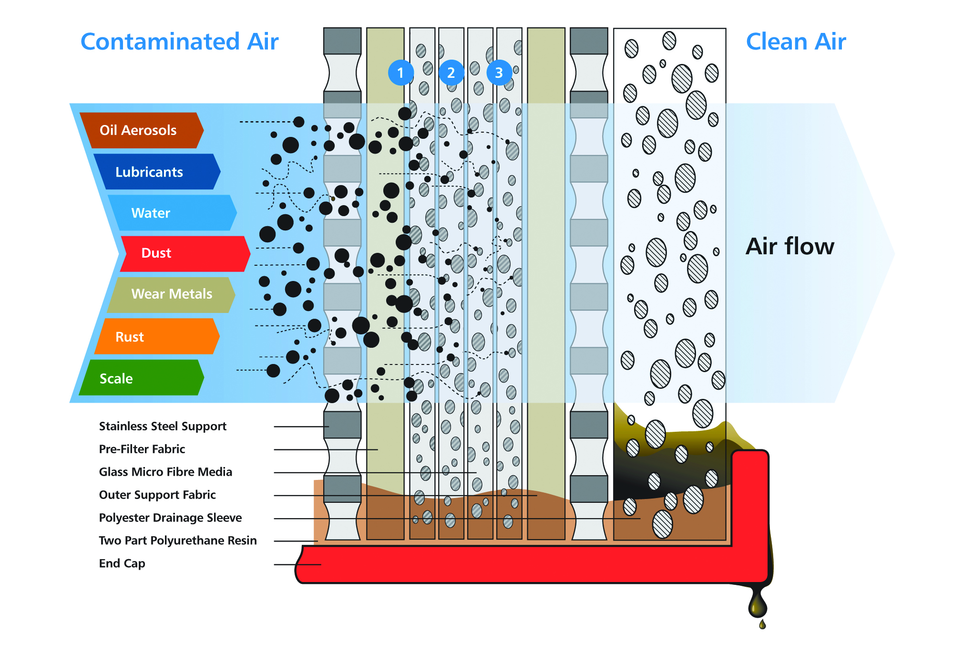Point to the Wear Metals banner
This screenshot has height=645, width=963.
click(171, 294)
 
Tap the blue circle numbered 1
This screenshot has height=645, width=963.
click(400, 73)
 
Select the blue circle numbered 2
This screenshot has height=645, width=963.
click(451, 73)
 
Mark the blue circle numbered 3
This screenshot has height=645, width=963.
click(499, 73)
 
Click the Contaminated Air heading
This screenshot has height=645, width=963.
click(179, 42)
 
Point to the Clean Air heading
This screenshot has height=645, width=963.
click(796, 42)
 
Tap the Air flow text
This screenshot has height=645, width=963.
click(789, 247)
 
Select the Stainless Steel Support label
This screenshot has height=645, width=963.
click(163, 426)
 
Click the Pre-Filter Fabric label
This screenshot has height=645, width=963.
click(142, 449)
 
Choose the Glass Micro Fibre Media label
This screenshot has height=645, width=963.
click(165, 472)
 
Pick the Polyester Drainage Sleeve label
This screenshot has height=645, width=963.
click(170, 518)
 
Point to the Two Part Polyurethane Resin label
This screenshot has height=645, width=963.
click(178, 541)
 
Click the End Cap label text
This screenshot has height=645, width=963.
click(122, 563)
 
